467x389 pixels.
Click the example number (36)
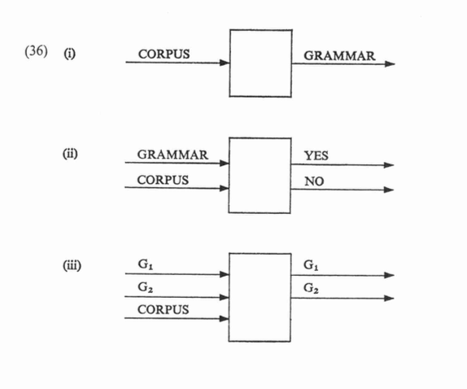coord(36,51)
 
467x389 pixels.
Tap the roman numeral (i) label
coord(69,54)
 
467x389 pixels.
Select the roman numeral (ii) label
coord(70,154)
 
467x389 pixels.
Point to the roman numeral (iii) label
coord(72,265)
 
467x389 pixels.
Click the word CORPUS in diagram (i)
coord(164,54)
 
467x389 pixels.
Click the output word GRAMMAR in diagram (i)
coord(339,55)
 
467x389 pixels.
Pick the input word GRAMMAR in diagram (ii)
coord(172,155)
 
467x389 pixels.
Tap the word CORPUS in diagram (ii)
coord(163,180)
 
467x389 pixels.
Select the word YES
coord(316,155)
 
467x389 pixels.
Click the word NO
coord(314,181)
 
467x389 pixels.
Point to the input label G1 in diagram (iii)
coord(146,264)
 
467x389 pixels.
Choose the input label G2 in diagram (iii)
coord(146,287)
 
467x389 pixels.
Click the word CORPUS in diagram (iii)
coord(164,309)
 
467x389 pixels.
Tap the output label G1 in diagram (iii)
coord(312,264)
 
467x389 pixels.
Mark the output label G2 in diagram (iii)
coord(312,288)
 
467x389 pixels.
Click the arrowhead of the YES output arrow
coord(389,165)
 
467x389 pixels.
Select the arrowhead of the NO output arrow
coord(389,190)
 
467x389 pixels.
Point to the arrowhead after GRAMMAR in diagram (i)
coord(390,63)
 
